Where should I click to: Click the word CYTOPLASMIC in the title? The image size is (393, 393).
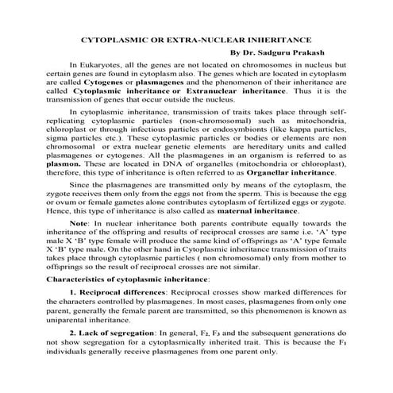(x=117, y=39)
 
